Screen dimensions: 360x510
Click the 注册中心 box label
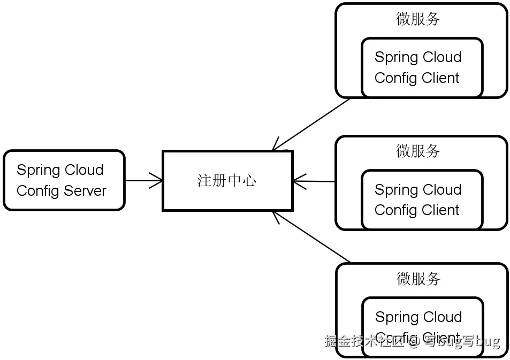point(227,181)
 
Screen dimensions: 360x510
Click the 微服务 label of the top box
point(418,19)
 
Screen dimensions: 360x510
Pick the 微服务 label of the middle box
point(418,151)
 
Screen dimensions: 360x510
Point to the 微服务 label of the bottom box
point(418,278)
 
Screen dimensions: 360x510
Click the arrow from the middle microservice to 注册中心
point(315,181)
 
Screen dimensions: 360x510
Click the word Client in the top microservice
point(439,78)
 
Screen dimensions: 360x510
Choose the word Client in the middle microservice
point(439,210)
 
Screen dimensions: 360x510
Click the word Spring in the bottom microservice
point(395,317)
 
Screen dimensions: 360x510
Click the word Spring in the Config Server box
point(37,171)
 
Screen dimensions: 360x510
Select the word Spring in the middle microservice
point(395,190)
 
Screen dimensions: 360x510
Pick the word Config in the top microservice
point(395,78)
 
